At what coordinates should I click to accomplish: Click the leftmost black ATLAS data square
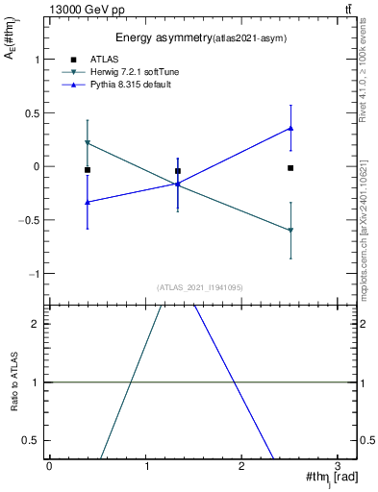pos(88,170)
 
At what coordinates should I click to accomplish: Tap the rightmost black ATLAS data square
pos(290,168)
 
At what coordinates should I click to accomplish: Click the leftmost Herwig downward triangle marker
pos(88,143)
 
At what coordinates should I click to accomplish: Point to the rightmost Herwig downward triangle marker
pos(290,231)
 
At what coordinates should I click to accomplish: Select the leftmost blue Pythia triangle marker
pos(88,202)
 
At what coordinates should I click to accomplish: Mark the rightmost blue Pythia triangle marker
pos(290,128)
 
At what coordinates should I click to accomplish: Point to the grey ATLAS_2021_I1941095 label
pos(199,287)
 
